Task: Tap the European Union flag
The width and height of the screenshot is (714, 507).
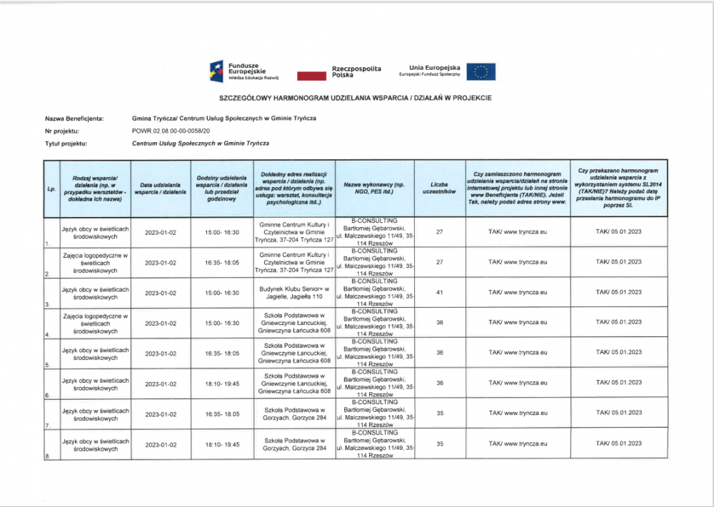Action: click(481, 71)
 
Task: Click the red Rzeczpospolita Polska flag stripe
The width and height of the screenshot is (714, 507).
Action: click(311, 74)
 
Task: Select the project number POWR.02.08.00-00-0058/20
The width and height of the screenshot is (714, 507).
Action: click(171, 131)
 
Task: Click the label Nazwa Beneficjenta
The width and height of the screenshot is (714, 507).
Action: click(74, 119)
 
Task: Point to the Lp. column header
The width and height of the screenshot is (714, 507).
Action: click(51, 189)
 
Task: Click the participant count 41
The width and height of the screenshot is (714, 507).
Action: click(439, 292)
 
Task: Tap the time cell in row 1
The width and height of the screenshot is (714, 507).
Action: click(222, 232)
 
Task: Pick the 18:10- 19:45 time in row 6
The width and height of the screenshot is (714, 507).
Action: click(222, 383)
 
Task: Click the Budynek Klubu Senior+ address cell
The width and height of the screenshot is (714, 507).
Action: click(294, 292)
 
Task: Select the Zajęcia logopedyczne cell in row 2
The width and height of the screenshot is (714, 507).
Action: click(95, 262)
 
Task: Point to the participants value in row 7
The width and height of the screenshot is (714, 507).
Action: click(439, 413)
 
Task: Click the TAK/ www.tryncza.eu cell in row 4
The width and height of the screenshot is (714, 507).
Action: click(518, 323)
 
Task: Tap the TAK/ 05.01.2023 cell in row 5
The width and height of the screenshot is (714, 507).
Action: click(618, 353)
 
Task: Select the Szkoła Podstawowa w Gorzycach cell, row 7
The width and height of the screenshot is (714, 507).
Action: click(294, 413)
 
